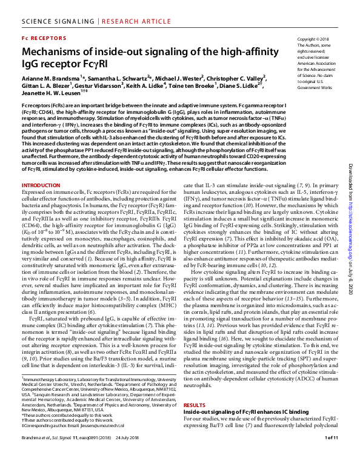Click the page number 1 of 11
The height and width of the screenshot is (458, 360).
tap(331, 454)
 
